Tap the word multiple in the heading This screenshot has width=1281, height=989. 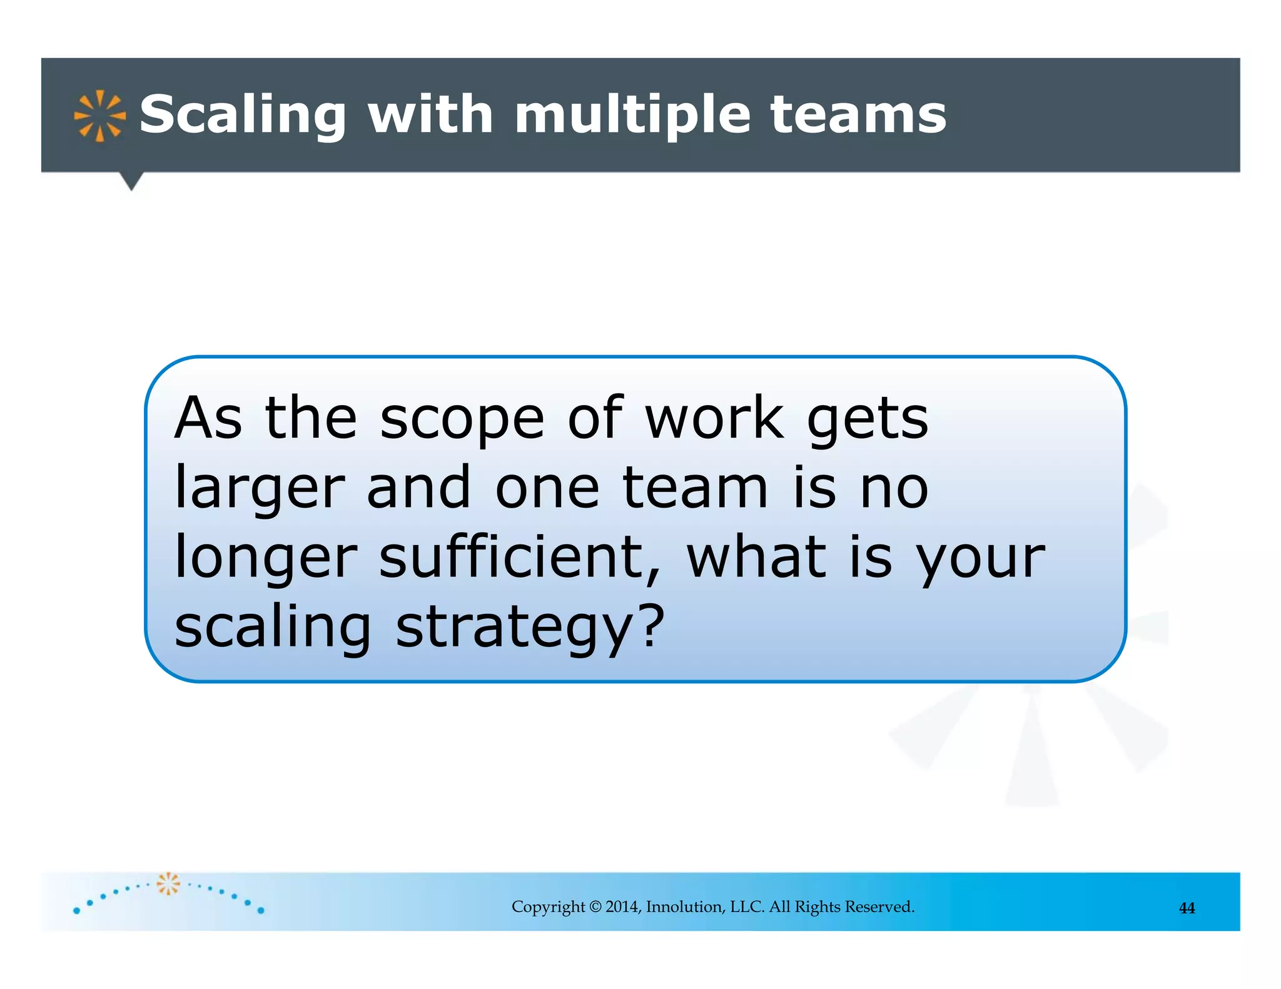pyautogui.click(x=632, y=116)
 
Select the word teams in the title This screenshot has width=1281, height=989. pyautogui.click(x=858, y=116)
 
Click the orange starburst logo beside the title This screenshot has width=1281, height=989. pyautogui.click(x=99, y=116)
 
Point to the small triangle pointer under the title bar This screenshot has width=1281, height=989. pyautogui.click(x=131, y=181)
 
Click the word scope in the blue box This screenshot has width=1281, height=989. pyautogui.click(x=462, y=419)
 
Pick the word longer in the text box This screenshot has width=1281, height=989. pyautogui.click(x=266, y=558)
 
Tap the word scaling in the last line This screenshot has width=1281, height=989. pyautogui.click(x=273, y=628)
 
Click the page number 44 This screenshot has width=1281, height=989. pyautogui.click(x=1187, y=908)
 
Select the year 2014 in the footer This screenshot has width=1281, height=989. pyautogui.click(x=623, y=907)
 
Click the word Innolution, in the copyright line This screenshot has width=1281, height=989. pyautogui.click(x=685, y=907)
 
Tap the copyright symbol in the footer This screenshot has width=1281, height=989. pyautogui.click(x=595, y=907)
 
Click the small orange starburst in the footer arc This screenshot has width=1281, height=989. pyautogui.click(x=168, y=883)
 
